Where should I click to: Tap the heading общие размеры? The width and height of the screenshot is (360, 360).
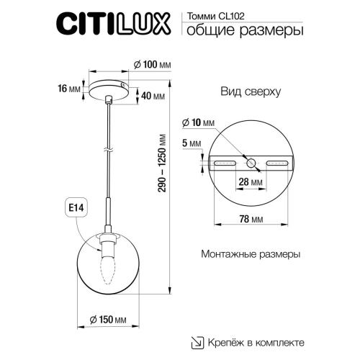point(243,30)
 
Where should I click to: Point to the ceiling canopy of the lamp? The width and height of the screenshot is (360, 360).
point(108,88)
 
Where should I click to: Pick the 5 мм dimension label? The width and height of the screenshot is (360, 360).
point(189,143)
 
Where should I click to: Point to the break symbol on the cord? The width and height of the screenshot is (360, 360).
point(108,150)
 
